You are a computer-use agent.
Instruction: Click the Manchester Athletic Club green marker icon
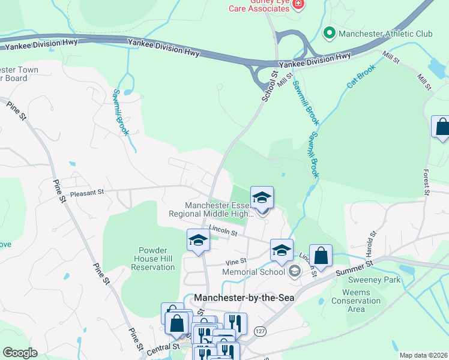(x=329, y=33)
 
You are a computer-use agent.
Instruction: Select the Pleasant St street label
(x=87, y=193)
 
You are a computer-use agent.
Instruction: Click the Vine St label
(x=236, y=261)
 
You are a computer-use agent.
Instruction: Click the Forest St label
(x=427, y=181)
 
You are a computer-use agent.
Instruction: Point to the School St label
(x=271, y=86)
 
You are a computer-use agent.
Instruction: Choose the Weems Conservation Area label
(x=356, y=301)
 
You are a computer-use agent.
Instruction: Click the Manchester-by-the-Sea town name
(x=244, y=298)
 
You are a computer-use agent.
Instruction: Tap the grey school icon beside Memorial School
(x=294, y=272)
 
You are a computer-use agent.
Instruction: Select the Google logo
(x=20, y=353)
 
